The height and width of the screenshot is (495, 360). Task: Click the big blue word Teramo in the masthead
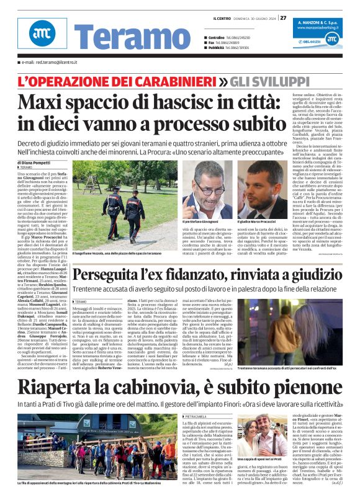(118, 39)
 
